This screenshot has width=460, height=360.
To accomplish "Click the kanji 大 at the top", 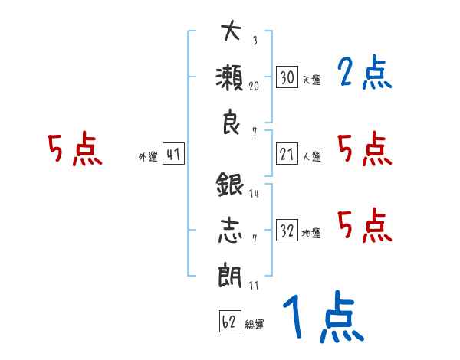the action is (232, 31).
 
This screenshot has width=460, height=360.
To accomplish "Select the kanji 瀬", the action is (230, 77).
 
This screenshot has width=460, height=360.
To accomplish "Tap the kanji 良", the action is (232, 122).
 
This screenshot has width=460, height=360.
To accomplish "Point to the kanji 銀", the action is (230, 184).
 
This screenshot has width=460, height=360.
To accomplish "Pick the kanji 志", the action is (230, 230).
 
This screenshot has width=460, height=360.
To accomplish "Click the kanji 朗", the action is (230, 275).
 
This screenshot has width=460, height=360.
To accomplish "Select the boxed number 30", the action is (287, 77).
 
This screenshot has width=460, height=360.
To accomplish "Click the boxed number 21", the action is (287, 153).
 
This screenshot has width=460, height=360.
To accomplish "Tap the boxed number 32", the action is (287, 230).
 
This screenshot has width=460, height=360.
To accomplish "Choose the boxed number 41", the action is (173, 153).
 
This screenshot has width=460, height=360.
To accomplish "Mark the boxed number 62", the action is (230, 321).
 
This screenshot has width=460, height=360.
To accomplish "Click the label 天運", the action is (311, 80).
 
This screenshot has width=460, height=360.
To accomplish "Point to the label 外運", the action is (148, 156).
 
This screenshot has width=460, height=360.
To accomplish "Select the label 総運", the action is (255, 324).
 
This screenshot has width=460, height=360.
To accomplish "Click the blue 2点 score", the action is (365, 72).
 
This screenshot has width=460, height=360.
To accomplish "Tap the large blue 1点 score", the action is (324, 316).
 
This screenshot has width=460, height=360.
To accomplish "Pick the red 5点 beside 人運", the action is (365, 149).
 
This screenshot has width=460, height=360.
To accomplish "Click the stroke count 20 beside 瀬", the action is (254, 87).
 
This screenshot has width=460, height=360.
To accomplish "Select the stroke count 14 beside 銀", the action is (254, 193).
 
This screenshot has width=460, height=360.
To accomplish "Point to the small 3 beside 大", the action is (255, 40).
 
